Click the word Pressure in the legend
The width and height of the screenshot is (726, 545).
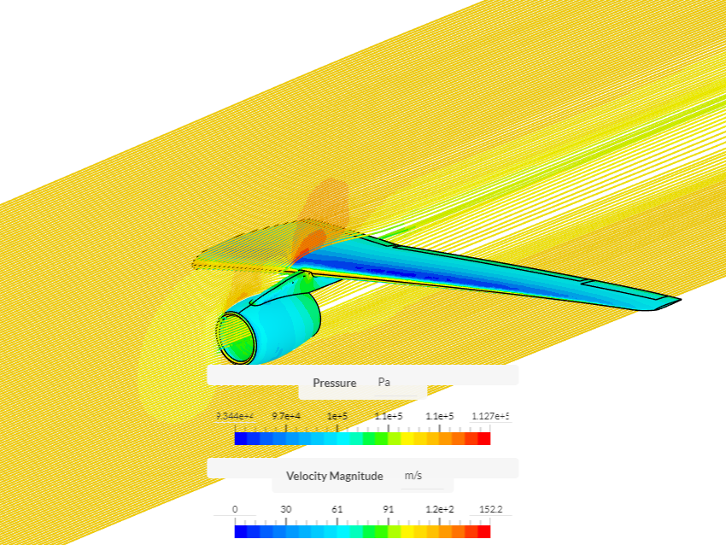334,383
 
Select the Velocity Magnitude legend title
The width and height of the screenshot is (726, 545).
334,476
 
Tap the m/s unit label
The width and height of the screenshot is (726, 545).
413,476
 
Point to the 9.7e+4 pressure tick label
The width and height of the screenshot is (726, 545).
286,416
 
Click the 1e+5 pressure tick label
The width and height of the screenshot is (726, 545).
337,416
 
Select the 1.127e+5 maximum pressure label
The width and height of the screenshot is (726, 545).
491,416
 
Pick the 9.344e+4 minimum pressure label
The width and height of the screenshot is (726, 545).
234,416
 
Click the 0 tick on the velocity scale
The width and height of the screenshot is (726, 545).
235,509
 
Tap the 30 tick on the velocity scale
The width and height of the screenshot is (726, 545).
286,509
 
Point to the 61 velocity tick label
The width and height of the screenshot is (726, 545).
337,509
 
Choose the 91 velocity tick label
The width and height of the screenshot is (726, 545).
389,509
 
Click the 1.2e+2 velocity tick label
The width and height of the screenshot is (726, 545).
440,509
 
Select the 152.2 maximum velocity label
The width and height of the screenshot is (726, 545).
490,509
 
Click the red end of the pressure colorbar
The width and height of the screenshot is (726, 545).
483,438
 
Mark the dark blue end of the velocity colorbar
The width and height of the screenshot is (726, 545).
241,531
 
